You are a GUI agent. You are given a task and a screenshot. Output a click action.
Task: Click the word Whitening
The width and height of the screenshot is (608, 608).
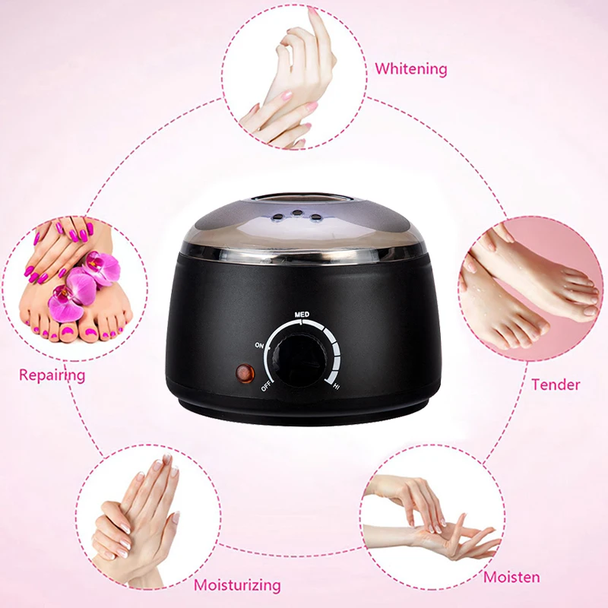coord(410,69)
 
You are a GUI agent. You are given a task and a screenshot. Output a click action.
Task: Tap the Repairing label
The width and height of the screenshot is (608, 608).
coord(52,375)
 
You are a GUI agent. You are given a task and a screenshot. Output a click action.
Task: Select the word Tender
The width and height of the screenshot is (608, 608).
coord(556,384)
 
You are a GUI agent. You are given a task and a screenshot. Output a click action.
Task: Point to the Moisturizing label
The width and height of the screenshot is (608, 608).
coord(237,585)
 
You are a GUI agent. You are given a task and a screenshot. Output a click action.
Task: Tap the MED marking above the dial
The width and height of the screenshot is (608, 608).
coord(302,314)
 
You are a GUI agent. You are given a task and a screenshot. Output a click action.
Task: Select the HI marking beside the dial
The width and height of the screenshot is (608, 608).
coord(336,387)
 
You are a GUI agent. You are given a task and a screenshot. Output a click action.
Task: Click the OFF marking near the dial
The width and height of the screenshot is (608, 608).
coord(267,385)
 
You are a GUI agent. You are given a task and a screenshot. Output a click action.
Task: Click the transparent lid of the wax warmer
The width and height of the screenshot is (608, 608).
coord(304,220)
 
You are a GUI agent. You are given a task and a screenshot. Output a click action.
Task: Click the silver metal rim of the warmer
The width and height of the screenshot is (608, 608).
coord(304,256)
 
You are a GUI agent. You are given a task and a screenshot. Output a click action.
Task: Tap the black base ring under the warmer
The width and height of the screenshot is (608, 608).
coord(304,415)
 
